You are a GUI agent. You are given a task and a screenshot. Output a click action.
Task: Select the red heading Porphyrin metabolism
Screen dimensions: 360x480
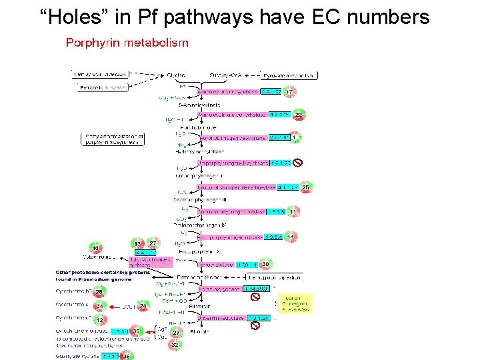coord(127,43)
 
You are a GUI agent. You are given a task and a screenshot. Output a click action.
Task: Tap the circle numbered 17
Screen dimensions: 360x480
coord(289,91)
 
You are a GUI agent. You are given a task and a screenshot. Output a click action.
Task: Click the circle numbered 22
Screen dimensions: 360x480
coord(298,115)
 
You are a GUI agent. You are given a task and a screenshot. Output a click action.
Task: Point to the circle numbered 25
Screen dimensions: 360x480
coord(305,188)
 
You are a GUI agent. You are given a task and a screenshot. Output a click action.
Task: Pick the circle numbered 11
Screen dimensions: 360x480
coord(292,212)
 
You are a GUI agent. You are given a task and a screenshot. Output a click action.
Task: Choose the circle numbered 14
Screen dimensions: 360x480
coord(290,237)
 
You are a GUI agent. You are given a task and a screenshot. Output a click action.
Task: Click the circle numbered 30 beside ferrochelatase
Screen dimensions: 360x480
coord(265,265)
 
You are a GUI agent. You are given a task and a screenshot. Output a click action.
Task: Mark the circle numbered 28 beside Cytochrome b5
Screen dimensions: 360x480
coord(99,292)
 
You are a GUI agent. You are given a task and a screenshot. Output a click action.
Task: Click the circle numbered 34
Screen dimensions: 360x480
coord(101,307)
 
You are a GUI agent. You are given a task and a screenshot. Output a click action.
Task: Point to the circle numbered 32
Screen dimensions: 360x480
coord(175,345)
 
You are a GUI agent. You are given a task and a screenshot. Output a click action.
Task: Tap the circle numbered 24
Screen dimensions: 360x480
coord(143,307)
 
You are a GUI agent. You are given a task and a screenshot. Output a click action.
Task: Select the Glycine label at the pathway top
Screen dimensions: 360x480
coord(177,75)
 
